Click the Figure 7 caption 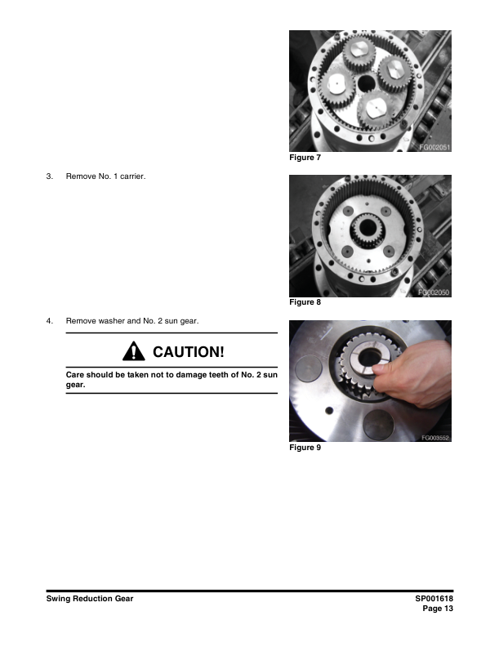pyautogui.click(x=305, y=158)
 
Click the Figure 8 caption pyautogui.click(x=305, y=302)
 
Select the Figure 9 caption pyautogui.click(x=305, y=448)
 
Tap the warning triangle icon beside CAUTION pyautogui.click(x=134, y=351)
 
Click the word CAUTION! pyautogui.click(x=189, y=352)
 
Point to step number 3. pyautogui.click(x=50, y=176)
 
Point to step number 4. pyautogui.click(x=50, y=320)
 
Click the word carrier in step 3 pyautogui.click(x=133, y=176)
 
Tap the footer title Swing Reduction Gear pyautogui.click(x=90, y=599)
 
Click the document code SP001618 pyautogui.click(x=434, y=599)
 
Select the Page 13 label pyautogui.click(x=438, y=609)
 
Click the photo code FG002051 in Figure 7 pyautogui.click(x=434, y=147)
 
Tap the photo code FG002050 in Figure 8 pyautogui.click(x=434, y=292)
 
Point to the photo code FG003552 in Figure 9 pyautogui.click(x=435, y=438)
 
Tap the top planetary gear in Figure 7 pyautogui.click(x=359, y=52)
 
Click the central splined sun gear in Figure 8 pyautogui.click(x=367, y=230)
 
